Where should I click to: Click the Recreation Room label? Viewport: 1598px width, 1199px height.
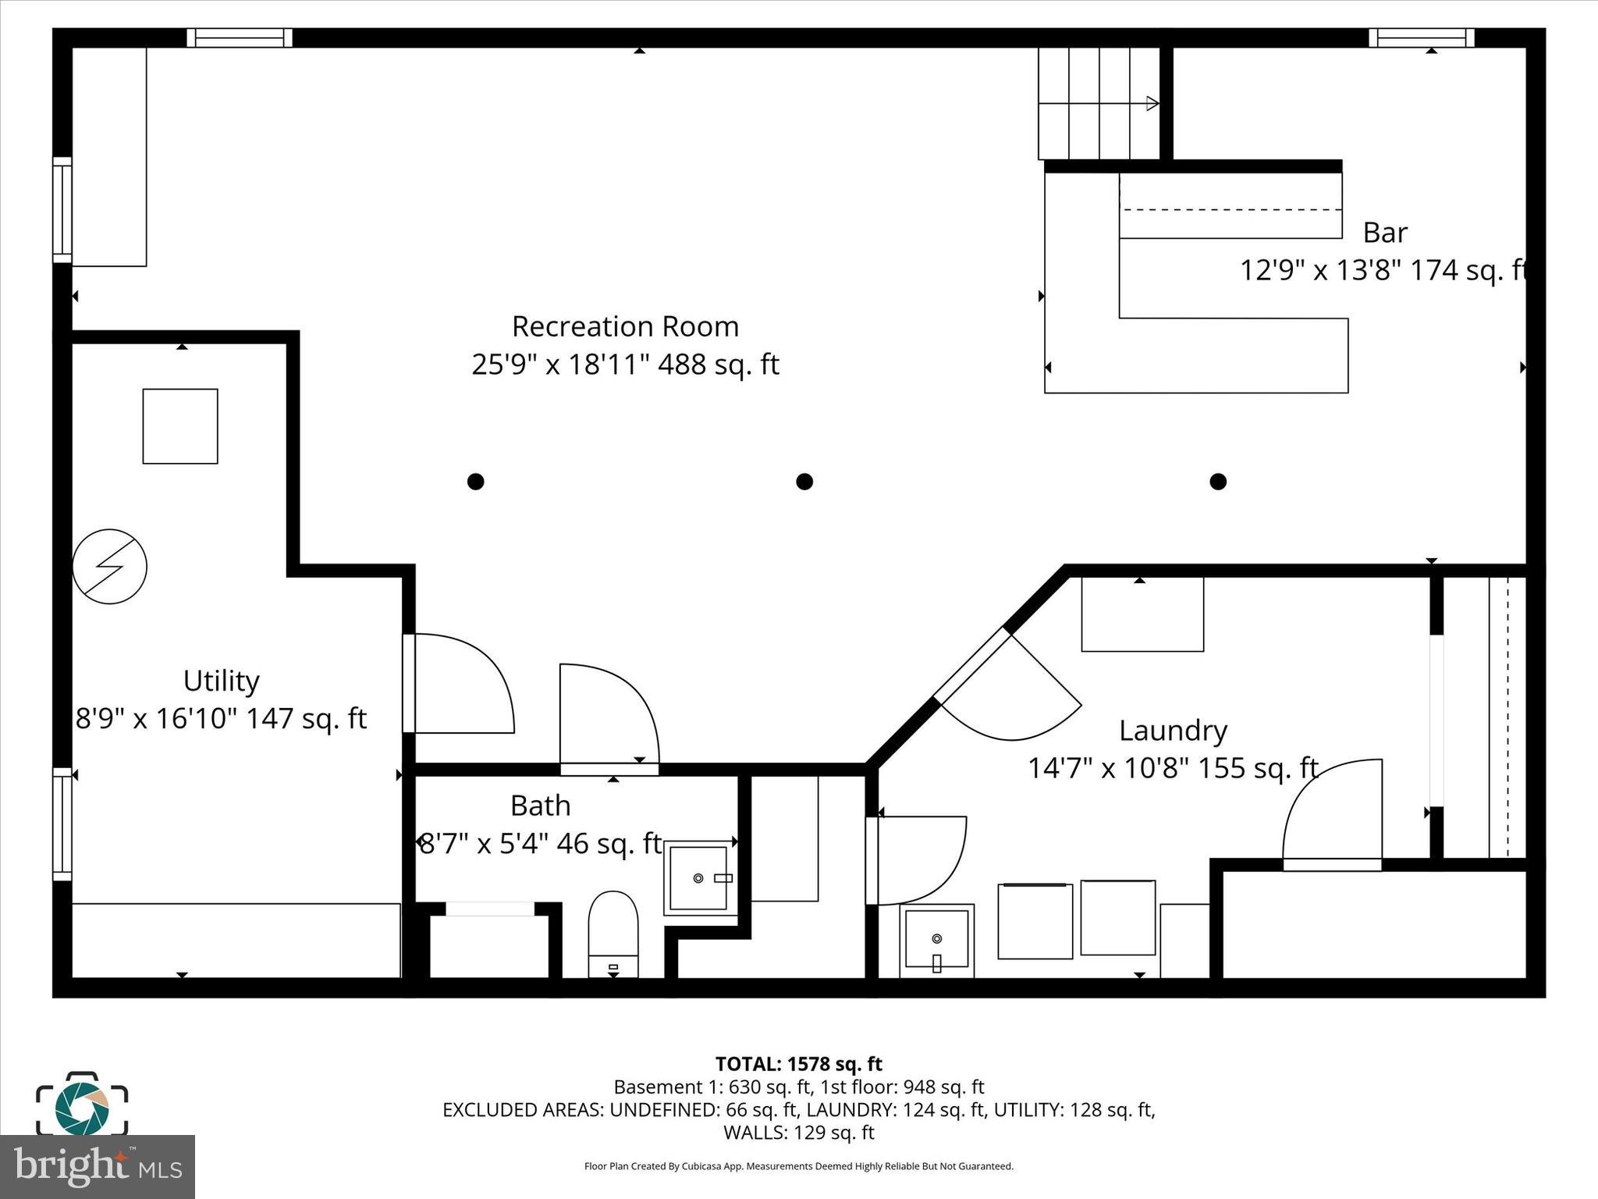coord(625,326)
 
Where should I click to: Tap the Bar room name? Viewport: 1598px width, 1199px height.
coord(1385,233)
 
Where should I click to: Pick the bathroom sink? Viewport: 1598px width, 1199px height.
coord(699,878)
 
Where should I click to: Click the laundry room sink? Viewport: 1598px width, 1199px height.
coord(936,941)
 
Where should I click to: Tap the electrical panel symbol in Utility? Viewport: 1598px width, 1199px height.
coord(110,567)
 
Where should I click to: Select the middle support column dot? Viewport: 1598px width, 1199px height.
coord(804,482)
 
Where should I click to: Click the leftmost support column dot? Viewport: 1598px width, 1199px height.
coord(475,482)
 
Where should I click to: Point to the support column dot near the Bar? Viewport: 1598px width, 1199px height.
coord(1218,482)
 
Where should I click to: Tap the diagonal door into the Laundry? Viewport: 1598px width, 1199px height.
coord(1007,687)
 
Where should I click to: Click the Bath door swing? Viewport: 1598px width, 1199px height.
coord(609,714)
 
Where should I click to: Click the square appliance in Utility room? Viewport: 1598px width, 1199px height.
coord(180,426)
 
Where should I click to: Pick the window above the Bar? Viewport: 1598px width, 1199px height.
coord(1421,37)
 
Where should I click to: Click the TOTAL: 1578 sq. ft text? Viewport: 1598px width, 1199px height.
coord(798,1064)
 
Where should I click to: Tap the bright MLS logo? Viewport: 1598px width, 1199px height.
coord(98,1167)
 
